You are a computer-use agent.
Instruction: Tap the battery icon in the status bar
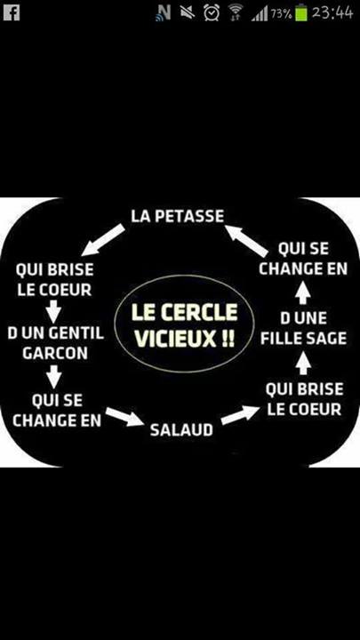pyautogui.click(x=301, y=12)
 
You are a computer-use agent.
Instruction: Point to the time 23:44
pyautogui.click(x=332, y=12)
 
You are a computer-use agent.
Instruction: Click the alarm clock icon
pyautogui.click(x=212, y=12)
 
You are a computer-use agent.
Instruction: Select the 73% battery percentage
pyautogui.click(x=281, y=14)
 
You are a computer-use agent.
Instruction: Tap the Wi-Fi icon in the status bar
pyautogui.click(x=235, y=12)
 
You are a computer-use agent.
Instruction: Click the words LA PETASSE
pyautogui.click(x=178, y=216)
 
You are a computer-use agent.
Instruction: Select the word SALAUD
pyautogui.click(x=181, y=430)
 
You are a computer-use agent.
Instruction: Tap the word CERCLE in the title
pyautogui.click(x=200, y=313)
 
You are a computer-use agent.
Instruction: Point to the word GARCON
pyautogui.click(x=55, y=353)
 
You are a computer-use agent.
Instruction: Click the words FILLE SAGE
pyautogui.click(x=304, y=339)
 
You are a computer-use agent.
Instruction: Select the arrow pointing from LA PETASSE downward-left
pyautogui.click(x=103, y=239)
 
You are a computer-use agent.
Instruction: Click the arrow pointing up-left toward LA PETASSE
pyautogui.click(x=246, y=240)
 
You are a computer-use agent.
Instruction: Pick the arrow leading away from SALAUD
pyautogui.click(x=240, y=415)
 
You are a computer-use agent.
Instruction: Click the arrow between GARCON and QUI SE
pyautogui.click(x=53, y=376)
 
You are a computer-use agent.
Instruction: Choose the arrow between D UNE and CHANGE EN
pyautogui.click(x=303, y=293)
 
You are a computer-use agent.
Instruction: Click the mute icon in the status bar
pyautogui.click(x=188, y=12)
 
